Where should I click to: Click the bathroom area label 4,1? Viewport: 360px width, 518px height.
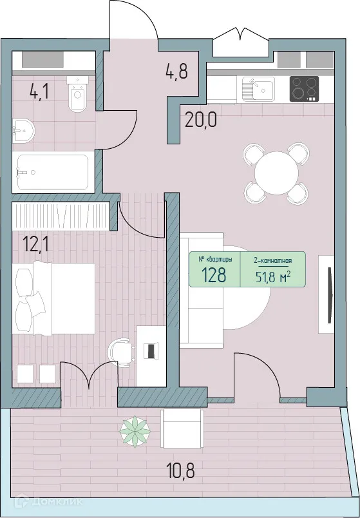pyautogui.click(x=39, y=91)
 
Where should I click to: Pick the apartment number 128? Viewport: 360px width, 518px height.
pyautogui.click(x=213, y=275)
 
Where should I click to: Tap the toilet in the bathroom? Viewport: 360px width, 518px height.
pyautogui.click(x=77, y=96)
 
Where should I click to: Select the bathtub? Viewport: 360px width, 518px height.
pyautogui.click(x=52, y=172)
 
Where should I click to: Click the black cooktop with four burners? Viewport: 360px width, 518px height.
pyautogui.click(x=305, y=89)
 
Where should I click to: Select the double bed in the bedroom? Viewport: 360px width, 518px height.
pyautogui.click(x=55, y=300)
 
